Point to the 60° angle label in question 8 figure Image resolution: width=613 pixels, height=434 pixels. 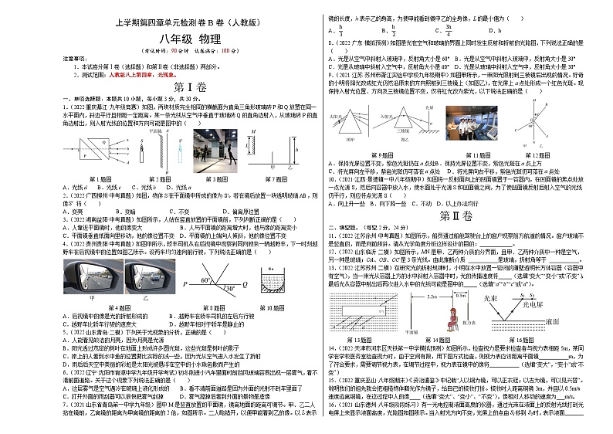pyautogui.click(x=203, y=280)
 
